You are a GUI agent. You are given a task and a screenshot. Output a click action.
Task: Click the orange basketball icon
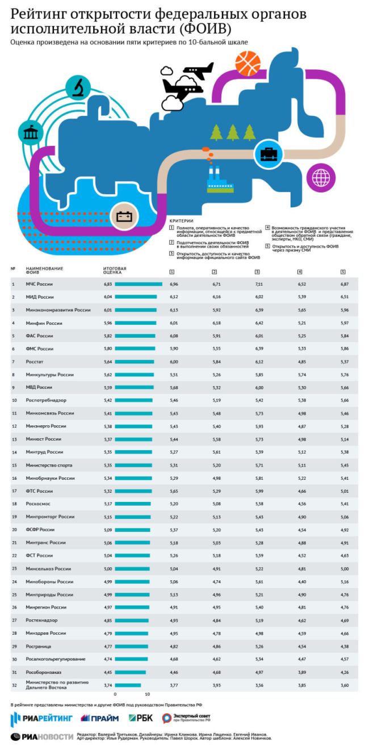click(x=248, y=64)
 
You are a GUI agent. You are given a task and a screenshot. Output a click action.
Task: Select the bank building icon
click(x=29, y=132)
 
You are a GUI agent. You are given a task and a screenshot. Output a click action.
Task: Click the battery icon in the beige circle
click(x=124, y=216)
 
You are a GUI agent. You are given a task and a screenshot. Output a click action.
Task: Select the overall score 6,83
click(x=108, y=283)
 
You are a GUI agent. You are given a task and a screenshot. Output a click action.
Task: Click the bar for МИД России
click(x=136, y=297)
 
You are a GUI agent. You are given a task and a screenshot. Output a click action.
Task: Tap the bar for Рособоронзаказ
click(x=130, y=672)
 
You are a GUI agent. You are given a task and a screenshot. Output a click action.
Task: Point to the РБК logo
click(x=141, y=718)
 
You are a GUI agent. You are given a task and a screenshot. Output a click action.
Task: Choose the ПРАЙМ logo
click(x=99, y=718)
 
